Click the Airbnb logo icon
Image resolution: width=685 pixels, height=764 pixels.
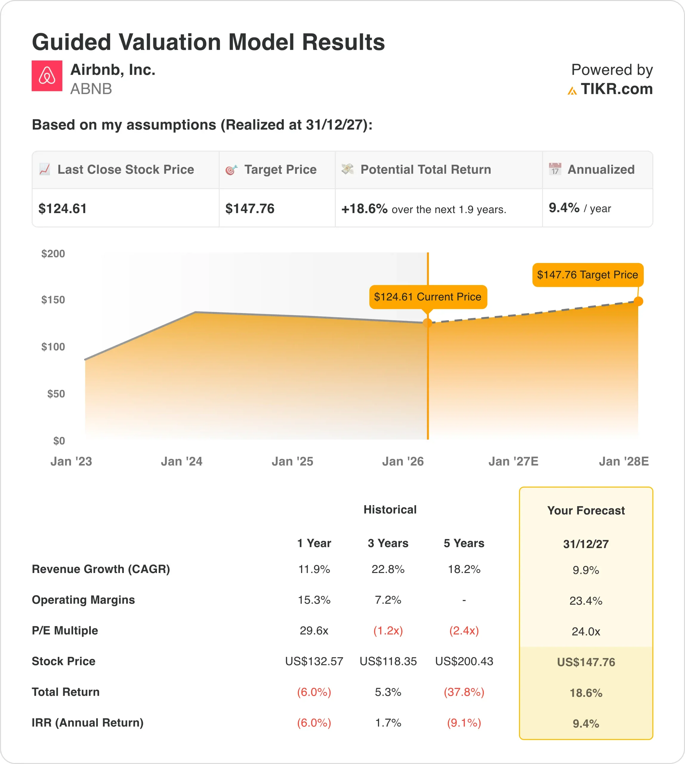pyautogui.click(x=47, y=76)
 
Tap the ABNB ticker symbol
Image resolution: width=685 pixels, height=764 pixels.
pyautogui.click(x=91, y=89)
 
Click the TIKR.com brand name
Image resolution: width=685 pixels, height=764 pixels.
pyautogui.click(x=616, y=89)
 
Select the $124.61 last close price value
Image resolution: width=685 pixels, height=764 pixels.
pyautogui.click(x=62, y=209)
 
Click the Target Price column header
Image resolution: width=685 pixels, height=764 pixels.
pyautogui.click(x=280, y=170)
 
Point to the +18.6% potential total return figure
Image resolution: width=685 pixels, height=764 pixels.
pyautogui.click(x=364, y=209)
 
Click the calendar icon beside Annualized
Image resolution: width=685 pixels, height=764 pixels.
pyautogui.click(x=555, y=169)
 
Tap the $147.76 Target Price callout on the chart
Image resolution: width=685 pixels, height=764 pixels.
pyautogui.click(x=587, y=275)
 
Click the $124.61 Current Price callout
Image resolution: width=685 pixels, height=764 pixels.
pyautogui.click(x=428, y=297)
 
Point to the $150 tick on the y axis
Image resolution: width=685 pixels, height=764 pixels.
pyautogui.click(x=53, y=300)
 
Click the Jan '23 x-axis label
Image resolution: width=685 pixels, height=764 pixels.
pyautogui.click(x=71, y=461)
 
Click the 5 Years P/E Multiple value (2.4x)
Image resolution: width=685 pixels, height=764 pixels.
pyautogui.click(x=464, y=631)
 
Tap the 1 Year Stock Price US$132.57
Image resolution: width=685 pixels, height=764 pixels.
pyautogui.click(x=314, y=661)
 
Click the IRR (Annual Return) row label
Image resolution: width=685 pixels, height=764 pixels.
pyautogui.click(x=87, y=723)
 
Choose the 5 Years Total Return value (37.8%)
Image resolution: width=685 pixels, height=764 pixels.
pyautogui.click(x=464, y=692)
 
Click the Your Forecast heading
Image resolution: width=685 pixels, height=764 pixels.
pyautogui.click(x=586, y=510)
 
